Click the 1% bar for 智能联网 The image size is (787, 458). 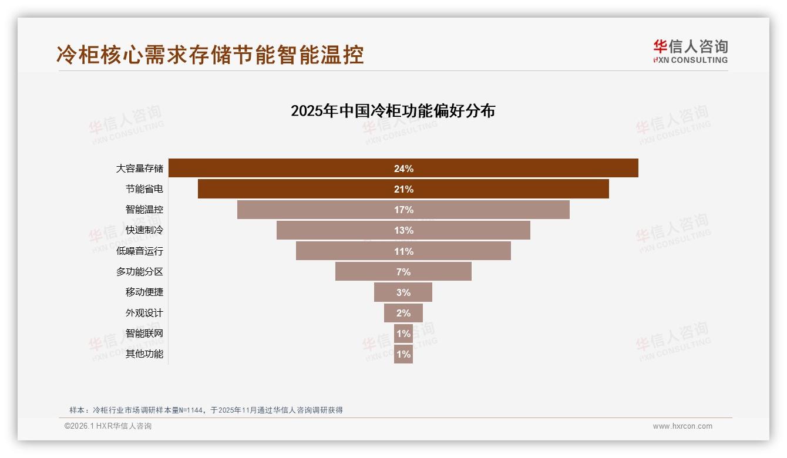(x=403, y=334)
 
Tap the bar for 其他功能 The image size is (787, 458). (x=403, y=354)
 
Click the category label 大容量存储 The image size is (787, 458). (x=139, y=169)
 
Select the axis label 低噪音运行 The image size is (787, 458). (x=139, y=251)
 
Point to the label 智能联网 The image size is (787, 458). (x=144, y=334)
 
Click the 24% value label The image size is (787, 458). (x=403, y=169)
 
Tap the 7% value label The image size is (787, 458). (x=403, y=272)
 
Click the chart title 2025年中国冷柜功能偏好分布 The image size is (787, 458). (x=393, y=111)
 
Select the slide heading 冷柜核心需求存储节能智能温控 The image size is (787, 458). (x=210, y=54)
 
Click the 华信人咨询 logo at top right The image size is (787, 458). (x=690, y=51)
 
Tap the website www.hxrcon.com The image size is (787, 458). (x=682, y=426)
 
